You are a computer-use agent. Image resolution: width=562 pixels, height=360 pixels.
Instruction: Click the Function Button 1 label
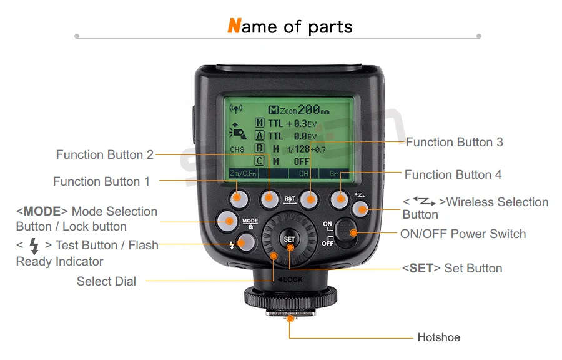click(101, 181)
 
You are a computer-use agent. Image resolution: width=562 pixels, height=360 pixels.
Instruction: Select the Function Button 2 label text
click(104, 154)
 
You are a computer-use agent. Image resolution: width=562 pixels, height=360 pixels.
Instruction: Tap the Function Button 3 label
click(454, 142)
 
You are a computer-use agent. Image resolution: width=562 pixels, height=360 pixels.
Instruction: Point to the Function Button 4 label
click(453, 174)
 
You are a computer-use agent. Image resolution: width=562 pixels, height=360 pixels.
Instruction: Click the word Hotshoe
click(438, 337)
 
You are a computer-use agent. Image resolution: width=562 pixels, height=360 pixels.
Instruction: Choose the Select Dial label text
click(106, 281)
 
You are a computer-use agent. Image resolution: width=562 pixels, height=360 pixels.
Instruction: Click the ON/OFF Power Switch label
click(463, 234)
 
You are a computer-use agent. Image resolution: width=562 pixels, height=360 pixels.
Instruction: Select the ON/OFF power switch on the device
click(343, 232)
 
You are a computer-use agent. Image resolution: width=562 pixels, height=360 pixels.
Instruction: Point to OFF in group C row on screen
click(302, 161)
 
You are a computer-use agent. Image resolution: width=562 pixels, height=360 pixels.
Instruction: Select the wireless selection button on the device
click(359, 208)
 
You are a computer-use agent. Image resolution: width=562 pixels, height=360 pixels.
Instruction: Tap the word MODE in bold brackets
click(41, 211)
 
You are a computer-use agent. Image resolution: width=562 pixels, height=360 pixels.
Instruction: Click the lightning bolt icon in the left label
click(34, 246)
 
